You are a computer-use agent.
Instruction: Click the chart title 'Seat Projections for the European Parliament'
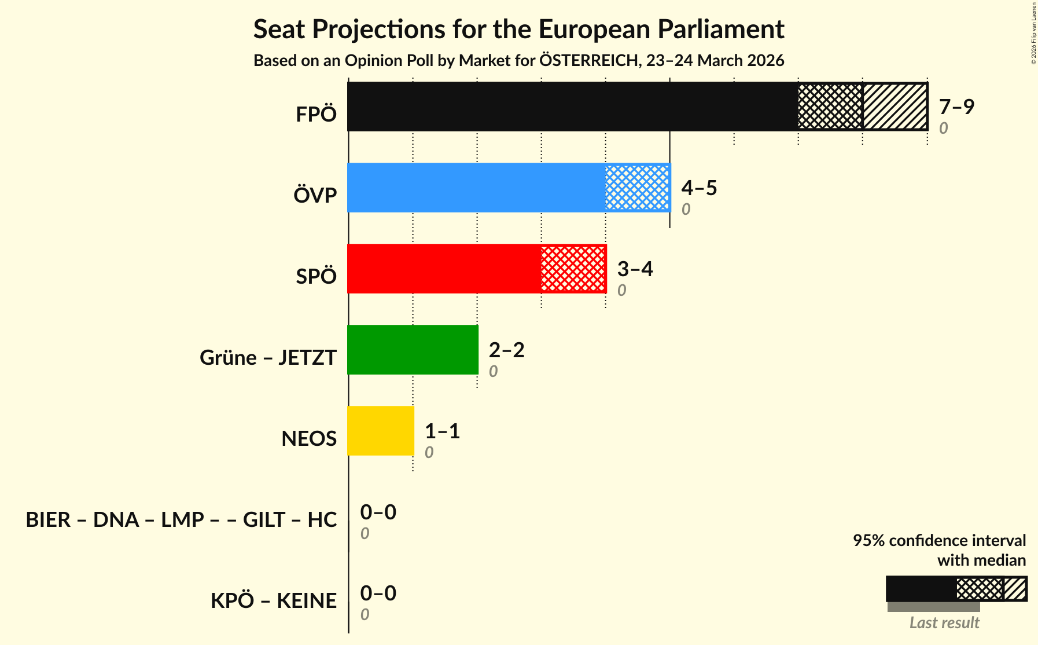(x=518, y=30)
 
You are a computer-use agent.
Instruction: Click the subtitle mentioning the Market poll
(x=518, y=61)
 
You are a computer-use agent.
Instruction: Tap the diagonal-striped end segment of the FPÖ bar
(x=895, y=107)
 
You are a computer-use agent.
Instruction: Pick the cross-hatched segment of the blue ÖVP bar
(x=637, y=188)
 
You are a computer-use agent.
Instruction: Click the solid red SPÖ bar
(x=444, y=269)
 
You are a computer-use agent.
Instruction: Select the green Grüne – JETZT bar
(x=413, y=350)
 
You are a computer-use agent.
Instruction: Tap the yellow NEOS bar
(x=381, y=431)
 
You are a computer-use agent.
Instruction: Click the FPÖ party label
(x=316, y=115)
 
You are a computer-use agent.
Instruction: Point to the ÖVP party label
(x=315, y=196)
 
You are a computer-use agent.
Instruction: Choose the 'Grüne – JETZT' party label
(x=268, y=358)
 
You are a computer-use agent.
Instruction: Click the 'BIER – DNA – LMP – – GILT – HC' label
(x=181, y=520)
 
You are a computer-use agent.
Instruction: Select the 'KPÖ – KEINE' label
(x=273, y=601)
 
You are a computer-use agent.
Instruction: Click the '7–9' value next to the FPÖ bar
(x=956, y=107)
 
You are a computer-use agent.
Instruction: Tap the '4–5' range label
(x=699, y=188)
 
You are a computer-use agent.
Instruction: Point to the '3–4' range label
(x=635, y=269)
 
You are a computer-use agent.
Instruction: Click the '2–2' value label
(x=506, y=350)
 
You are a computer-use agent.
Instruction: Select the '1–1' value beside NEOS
(x=442, y=431)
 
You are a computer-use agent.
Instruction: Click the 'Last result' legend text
(x=944, y=623)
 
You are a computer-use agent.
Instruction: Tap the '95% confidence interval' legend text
(x=939, y=541)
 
